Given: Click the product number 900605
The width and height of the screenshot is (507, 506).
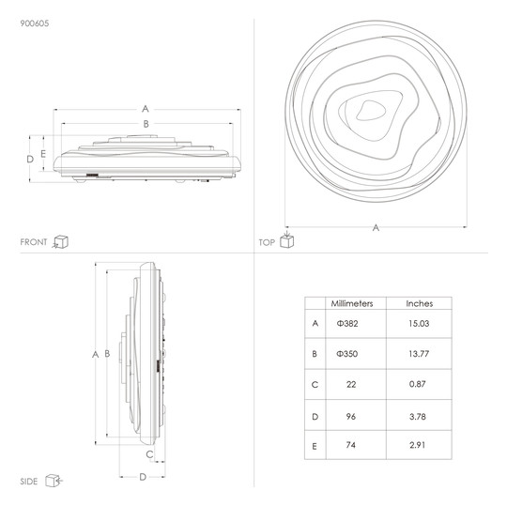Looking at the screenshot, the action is pos(35,23).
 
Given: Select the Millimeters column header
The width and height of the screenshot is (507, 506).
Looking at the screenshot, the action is pos(352,303).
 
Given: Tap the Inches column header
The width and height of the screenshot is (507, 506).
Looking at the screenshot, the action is pos(420,303).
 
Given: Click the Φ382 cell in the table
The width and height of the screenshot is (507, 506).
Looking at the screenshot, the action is pos(347,324).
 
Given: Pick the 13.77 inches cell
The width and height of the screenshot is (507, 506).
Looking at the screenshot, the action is pos(419,354).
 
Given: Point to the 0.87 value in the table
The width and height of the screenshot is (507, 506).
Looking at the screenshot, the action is pos(418,384).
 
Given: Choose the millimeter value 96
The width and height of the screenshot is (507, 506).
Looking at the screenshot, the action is pos(351,417).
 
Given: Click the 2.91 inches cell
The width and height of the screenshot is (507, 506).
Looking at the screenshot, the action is pos(418,445).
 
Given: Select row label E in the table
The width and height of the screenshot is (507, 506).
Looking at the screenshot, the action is pos(315,447).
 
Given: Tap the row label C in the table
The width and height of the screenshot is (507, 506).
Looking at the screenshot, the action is pos(315,385).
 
